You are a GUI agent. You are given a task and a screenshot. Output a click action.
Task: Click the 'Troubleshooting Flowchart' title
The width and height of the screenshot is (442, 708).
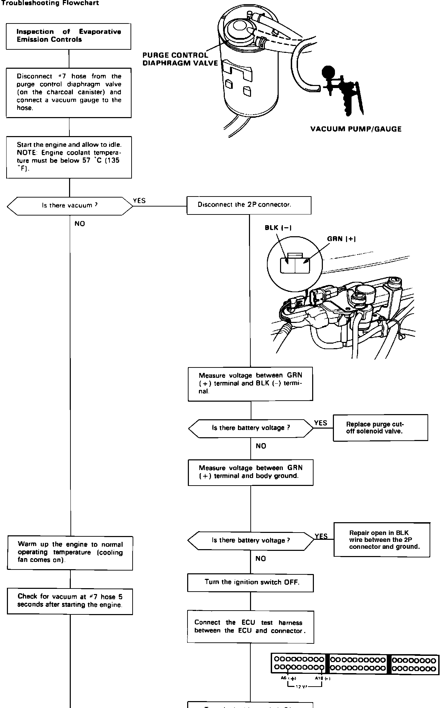(x=50, y=3)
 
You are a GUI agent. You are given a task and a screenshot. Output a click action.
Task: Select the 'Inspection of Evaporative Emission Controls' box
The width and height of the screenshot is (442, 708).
(x=69, y=36)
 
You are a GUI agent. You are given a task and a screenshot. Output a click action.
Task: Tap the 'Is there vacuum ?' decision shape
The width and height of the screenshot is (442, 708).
(x=70, y=206)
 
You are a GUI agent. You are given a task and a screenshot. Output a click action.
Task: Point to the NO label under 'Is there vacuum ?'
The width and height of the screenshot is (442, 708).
(x=80, y=224)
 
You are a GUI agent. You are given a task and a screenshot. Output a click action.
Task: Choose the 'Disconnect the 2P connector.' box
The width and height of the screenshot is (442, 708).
(x=249, y=205)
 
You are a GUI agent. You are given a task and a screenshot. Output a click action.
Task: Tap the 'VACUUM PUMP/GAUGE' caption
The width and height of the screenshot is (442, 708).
(x=356, y=129)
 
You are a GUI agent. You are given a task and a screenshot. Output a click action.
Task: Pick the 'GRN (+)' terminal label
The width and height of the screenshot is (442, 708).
(x=342, y=239)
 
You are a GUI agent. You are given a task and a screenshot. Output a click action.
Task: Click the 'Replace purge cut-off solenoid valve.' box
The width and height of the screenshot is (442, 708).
(x=380, y=428)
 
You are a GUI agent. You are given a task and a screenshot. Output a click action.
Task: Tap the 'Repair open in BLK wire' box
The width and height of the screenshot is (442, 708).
(x=382, y=540)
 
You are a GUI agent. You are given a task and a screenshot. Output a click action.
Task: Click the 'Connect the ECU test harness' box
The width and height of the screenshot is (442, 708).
(x=250, y=627)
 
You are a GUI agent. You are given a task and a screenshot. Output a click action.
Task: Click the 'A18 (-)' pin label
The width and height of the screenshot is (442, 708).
(x=323, y=678)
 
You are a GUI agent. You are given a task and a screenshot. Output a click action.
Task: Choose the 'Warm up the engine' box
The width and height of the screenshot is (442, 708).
(x=70, y=552)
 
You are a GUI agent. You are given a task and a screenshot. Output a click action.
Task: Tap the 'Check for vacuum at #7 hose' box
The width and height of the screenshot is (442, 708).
(x=70, y=601)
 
